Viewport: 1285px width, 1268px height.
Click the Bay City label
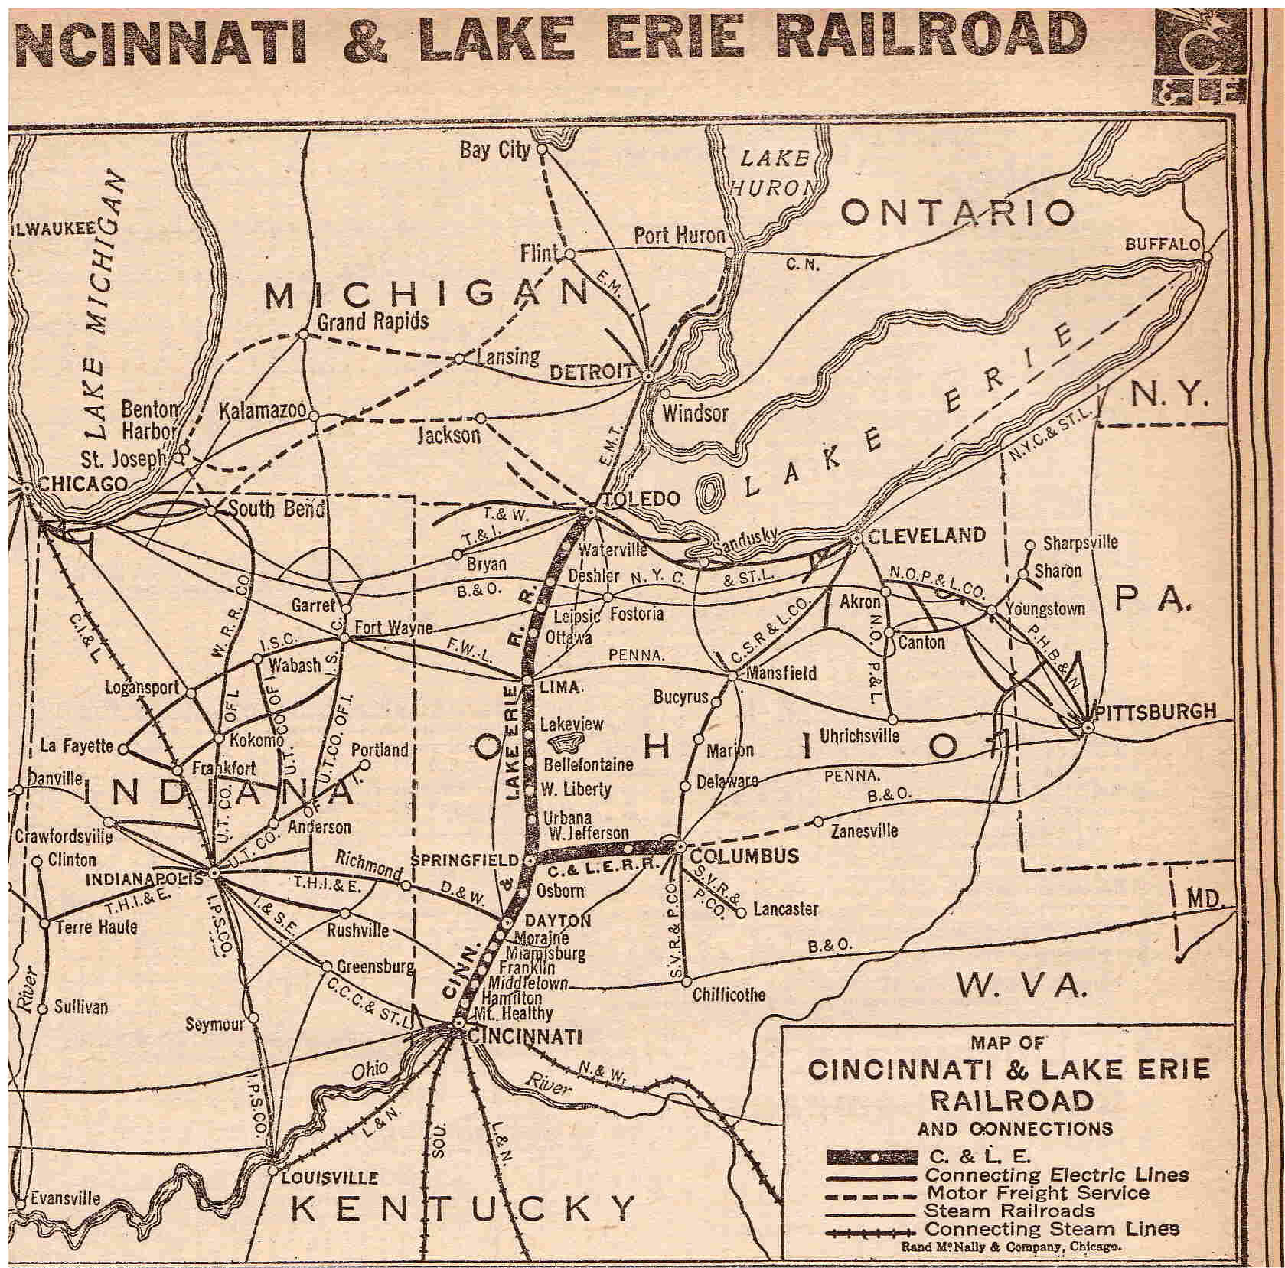(494, 149)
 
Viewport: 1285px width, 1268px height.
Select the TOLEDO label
(641, 499)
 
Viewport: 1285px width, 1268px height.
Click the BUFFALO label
(1163, 244)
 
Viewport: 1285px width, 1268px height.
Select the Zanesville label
(864, 830)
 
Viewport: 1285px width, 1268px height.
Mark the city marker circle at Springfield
(529, 861)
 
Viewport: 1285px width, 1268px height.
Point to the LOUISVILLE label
(329, 1177)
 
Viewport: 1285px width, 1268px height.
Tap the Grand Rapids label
(373, 321)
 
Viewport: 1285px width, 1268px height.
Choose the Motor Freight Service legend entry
(1038, 1192)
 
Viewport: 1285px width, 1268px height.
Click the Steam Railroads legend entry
(1009, 1211)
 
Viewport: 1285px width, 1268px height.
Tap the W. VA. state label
(1021, 986)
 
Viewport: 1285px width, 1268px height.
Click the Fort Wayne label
(393, 627)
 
